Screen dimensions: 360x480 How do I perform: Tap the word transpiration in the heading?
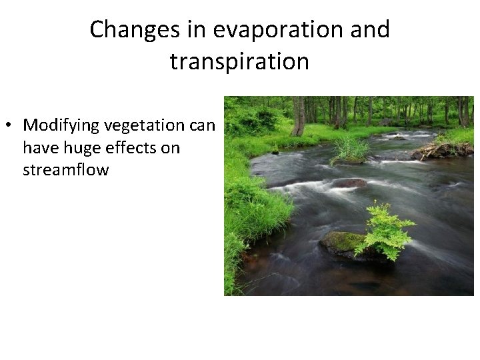239,61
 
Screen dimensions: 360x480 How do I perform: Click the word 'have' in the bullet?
39,147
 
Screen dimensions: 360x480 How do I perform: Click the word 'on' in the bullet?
169,147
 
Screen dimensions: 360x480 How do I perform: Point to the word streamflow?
65,169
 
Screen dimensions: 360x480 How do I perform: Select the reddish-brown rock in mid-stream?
349,183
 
